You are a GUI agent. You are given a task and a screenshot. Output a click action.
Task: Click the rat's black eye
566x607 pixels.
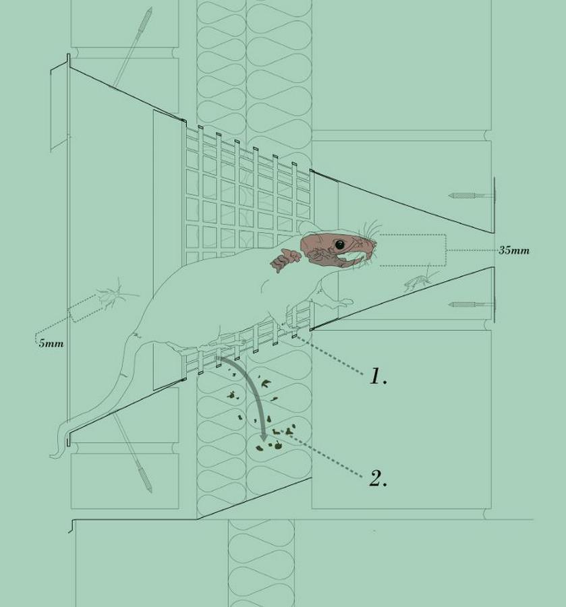[339, 244]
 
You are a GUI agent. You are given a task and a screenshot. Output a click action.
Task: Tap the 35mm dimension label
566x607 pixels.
[514, 250]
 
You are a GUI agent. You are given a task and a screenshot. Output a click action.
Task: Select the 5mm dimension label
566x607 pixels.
[51, 343]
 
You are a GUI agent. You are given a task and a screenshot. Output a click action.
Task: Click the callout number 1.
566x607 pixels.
[378, 376]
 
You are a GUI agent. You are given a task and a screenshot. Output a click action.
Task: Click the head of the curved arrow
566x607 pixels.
[264, 436]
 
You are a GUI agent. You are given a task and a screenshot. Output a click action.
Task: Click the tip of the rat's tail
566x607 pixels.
[51, 457]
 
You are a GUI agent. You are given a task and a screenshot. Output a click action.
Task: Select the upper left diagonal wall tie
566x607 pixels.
[132, 47]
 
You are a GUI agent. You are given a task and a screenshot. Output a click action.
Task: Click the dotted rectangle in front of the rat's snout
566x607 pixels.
[413, 250]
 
